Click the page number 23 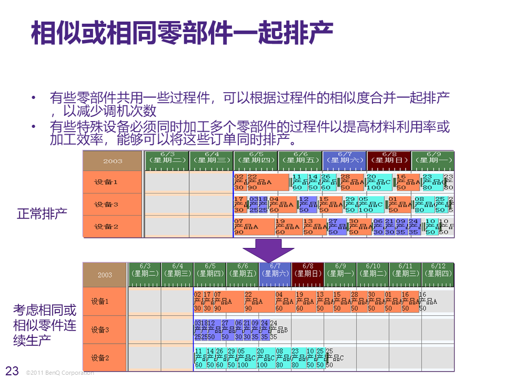tap(12, 371)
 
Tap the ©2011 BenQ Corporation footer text tap(60, 373)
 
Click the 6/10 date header tap(373, 270)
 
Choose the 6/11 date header tap(406, 270)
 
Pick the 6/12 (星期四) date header tap(438, 270)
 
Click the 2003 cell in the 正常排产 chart tap(113, 161)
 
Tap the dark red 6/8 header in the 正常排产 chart tap(389, 157)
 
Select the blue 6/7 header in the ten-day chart tap(275, 270)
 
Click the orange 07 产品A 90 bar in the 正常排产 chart tap(254, 227)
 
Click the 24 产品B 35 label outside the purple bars tap(278, 330)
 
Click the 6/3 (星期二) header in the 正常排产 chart tap(167, 157)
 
